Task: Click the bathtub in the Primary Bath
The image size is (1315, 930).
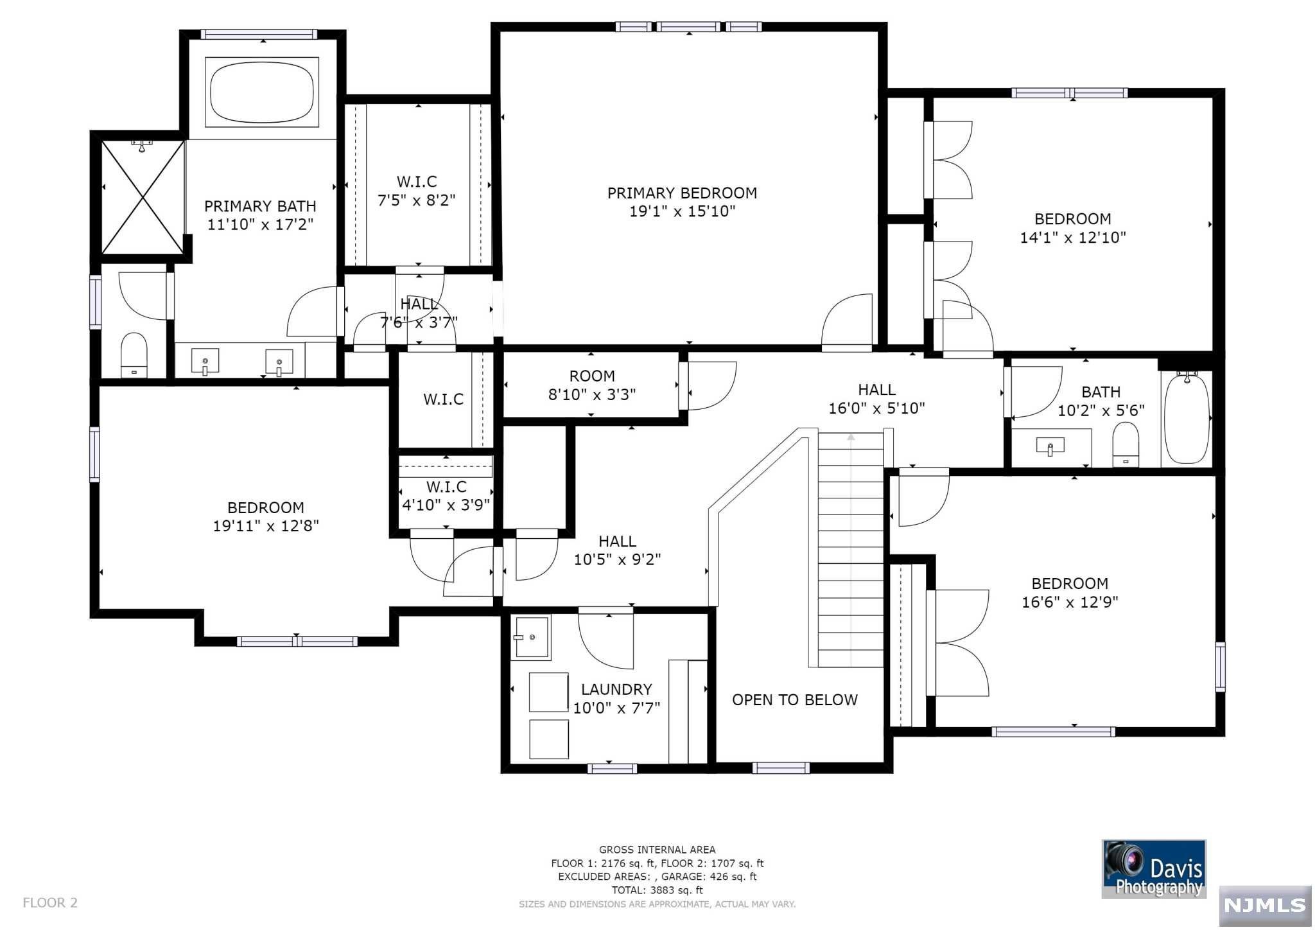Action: click(x=263, y=91)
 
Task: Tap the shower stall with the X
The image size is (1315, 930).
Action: click(x=143, y=197)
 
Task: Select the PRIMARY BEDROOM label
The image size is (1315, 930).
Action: click(x=682, y=193)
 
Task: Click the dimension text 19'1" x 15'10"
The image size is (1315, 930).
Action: click(x=682, y=211)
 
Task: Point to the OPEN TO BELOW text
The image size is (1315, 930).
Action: click(x=795, y=699)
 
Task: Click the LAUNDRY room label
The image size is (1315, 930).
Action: click(x=616, y=689)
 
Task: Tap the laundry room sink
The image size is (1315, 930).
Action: click(x=532, y=637)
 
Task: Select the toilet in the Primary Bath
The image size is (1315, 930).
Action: click(x=134, y=355)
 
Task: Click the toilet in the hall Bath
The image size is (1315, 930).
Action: click(x=1126, y=444)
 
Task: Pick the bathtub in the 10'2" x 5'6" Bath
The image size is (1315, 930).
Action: click(x=1187, y=418)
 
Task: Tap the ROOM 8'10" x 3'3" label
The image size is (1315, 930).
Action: click(x=591, y=385)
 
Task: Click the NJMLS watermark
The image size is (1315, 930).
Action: click(x=1265, y=906)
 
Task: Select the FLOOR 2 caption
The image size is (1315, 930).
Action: click(x=50, y=902)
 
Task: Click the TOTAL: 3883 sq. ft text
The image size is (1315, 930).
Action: click(x=657, y=890)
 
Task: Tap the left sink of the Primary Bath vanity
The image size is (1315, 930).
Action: click(x=205, y=361)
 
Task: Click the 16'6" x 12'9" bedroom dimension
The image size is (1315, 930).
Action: click(x=1070, y=602)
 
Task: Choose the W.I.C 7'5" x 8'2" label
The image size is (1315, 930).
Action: click(x=417, y=191)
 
